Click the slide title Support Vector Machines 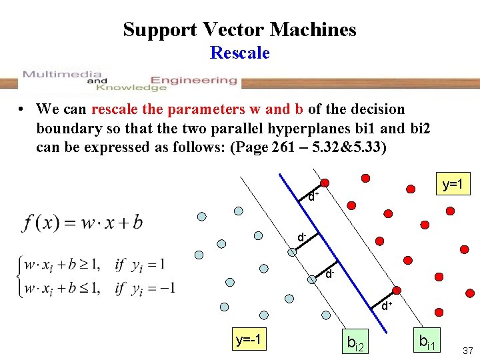coord(239,29)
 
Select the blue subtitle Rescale coord(239,53)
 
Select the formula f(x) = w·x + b coord(83,223)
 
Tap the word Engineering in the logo coord(194,80)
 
